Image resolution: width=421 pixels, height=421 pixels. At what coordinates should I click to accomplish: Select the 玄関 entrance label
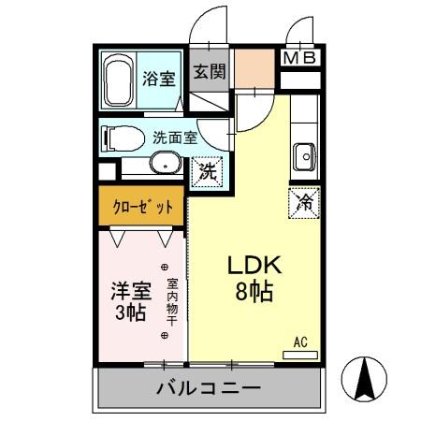pos(210,71)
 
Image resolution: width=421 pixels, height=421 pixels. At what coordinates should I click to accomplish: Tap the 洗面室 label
pos(174,138)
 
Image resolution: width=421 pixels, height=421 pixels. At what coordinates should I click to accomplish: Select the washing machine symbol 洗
pos(209,171)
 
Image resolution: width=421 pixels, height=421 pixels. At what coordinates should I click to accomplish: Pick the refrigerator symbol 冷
pos(306,200)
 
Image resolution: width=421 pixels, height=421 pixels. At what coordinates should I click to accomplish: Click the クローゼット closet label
pos(143,208)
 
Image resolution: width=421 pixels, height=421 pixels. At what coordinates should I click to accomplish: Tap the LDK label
pos(249,266)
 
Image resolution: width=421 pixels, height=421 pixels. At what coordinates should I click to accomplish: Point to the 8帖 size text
pos(250,292)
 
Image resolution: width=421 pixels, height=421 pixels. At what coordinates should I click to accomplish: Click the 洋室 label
pos(129,290)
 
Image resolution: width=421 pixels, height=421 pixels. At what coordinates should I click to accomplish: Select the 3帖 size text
pos(129,313)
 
